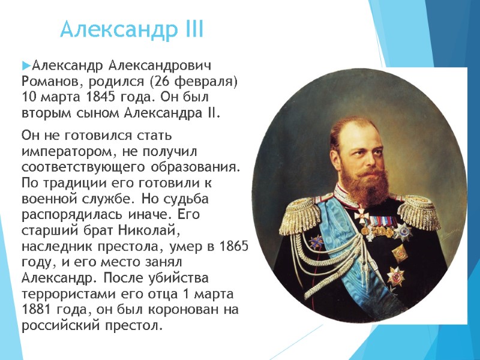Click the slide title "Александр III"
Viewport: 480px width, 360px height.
point(132,29)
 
